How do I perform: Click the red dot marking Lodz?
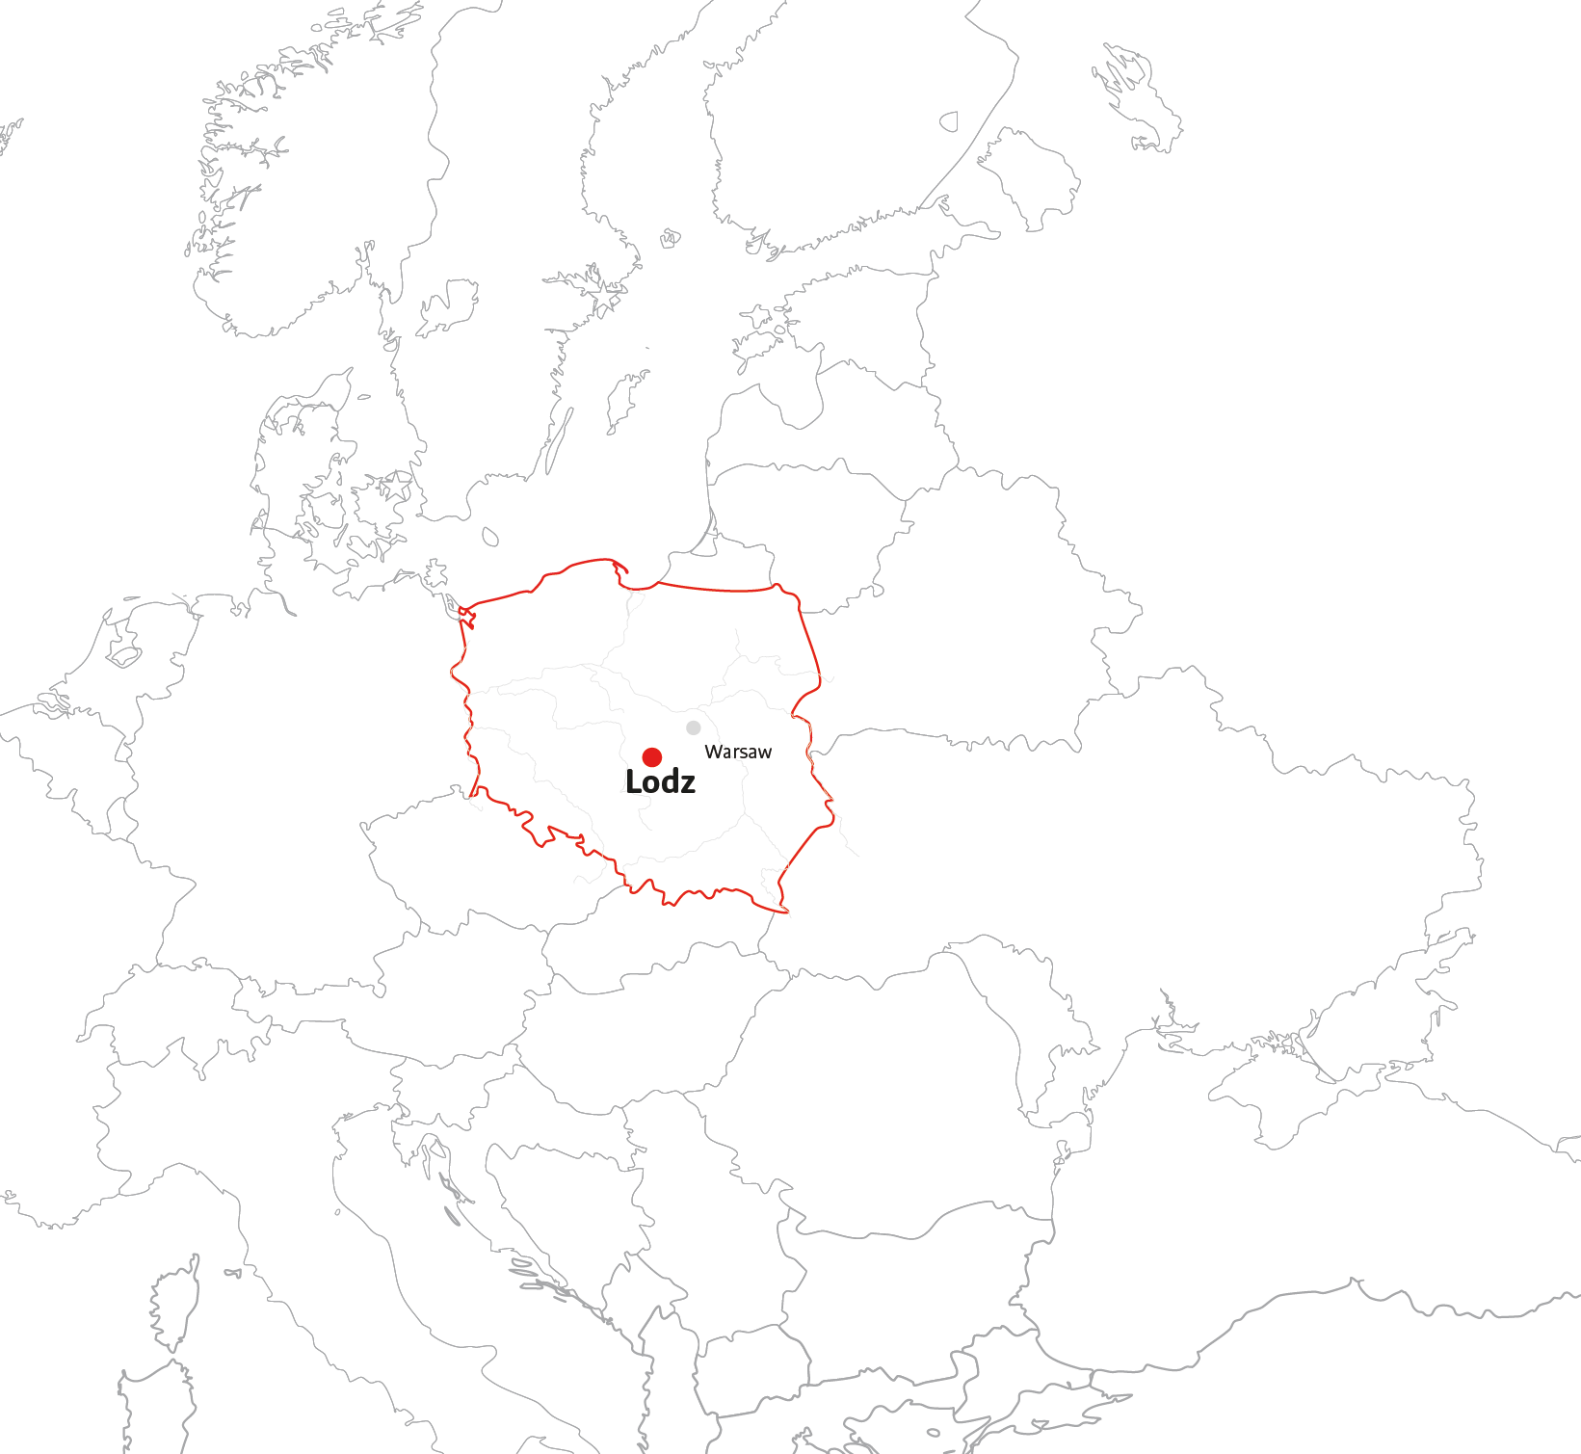pyautogui.click(x=652, y=756)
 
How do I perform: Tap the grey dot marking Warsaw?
pyautogui.click(x=693, y=727)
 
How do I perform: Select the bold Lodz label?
pyautogui.click(x=660, y=782)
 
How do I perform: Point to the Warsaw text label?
pyautogui.click(x=738, y=752)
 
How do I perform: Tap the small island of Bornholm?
pyautogui.click(x=490, y=537)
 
